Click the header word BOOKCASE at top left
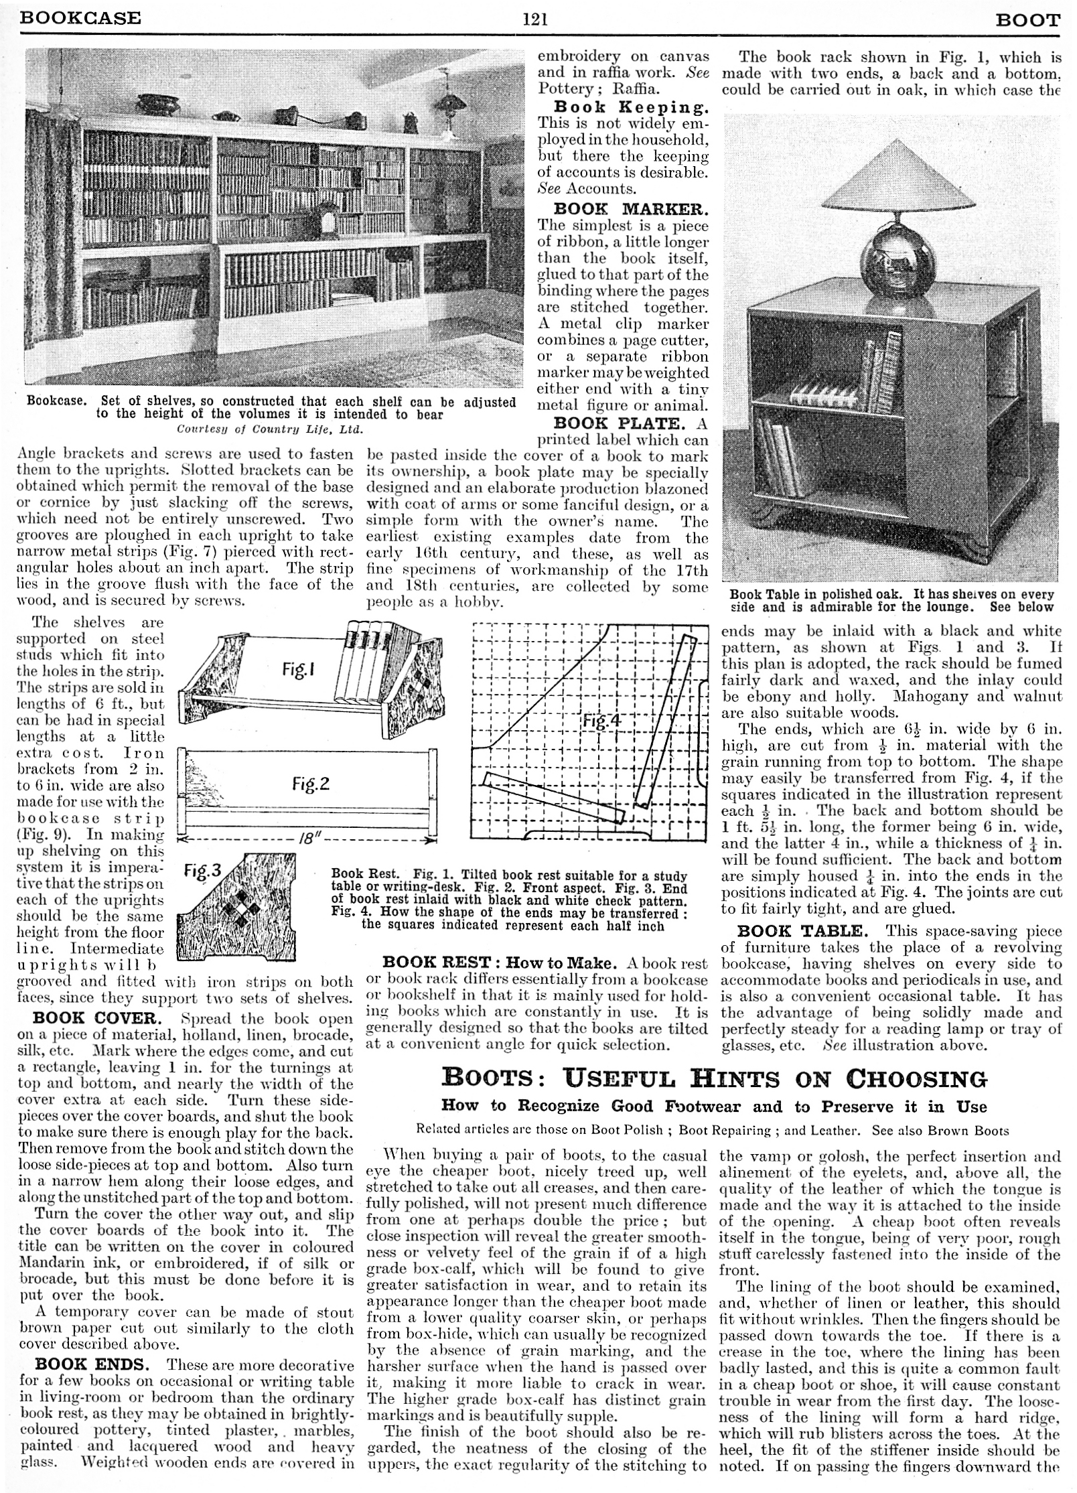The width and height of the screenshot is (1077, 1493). tap(80, 17)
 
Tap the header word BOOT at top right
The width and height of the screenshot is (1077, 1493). tap(1028, 20)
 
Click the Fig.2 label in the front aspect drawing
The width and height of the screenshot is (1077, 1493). tap(310, 783)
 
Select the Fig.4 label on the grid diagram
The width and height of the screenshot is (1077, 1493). tap(602, 722)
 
